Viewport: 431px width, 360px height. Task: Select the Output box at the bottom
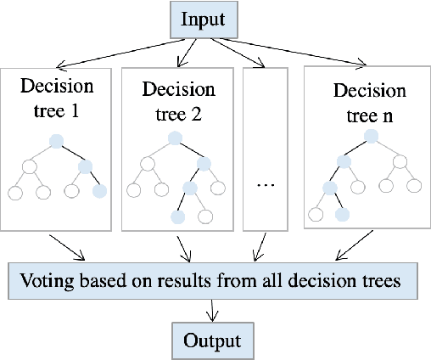pyautogui.click(x=213, y=340)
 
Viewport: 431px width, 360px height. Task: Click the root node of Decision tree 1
pyautogui.click(x=56, y=142)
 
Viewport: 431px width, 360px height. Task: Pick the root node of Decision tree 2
pyautogui.click(x=175, y=138)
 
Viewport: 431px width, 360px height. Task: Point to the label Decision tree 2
pyautogui.click(x=176, y=98)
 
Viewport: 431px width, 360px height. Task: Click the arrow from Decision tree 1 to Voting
pyautogui.click(x=68, y=247)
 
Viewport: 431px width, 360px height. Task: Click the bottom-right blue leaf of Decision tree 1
pyautogui.click(x=100, y=192)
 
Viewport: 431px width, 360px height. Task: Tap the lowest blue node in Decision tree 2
pyautogui.click(x=177, y=217)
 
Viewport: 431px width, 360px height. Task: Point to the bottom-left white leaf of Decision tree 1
pyautogui.click(x=14, y=193)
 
